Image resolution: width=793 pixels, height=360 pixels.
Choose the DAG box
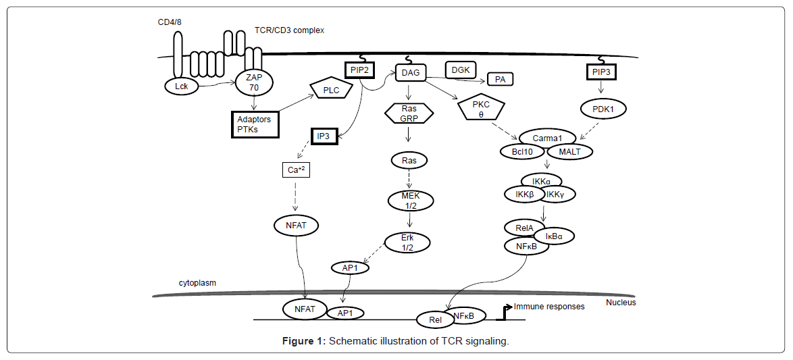click(409, 71)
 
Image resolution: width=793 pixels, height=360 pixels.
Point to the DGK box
click(461, 70)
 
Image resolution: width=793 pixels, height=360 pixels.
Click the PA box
click(500, 79)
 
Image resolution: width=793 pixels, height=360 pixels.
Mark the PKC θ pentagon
click(481, 108)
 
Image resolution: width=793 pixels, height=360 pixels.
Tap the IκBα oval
click(554, 236)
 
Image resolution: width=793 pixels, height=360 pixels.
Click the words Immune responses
click(548, 307)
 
